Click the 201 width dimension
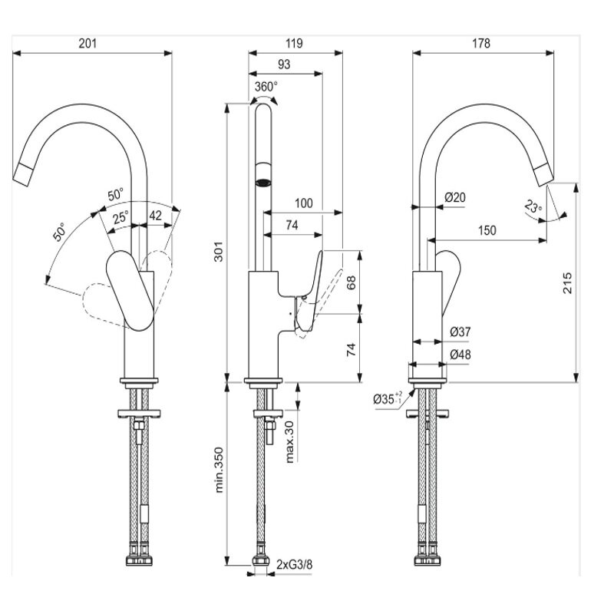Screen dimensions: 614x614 (87, 44)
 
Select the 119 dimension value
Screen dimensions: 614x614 (293, 44)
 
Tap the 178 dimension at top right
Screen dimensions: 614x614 (481, 44)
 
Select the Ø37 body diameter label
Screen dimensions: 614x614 (460, 332)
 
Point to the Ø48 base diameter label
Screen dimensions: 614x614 (460, 355)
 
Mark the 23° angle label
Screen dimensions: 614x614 (533, 206)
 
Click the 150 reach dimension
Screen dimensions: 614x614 (486, 230)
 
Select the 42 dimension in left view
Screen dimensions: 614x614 (155, 216)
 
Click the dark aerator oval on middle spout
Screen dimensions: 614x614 (263, 183)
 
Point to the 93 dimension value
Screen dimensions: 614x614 (283, 66)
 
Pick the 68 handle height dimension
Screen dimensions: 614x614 (351, 282)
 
